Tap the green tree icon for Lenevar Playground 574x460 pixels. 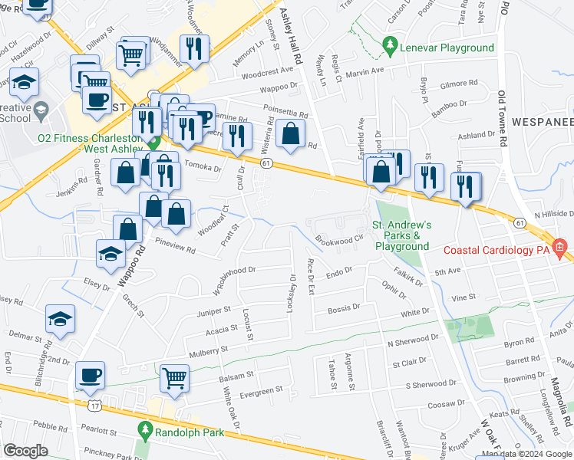point(391,47)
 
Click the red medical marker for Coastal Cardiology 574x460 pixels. point(559,247)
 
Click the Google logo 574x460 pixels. point(25,451)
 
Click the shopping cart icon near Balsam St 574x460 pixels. point(175,378)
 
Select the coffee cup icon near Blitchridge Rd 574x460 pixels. point(91,375)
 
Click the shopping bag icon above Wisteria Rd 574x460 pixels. point(290,133)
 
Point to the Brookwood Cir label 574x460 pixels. point(338,240)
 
